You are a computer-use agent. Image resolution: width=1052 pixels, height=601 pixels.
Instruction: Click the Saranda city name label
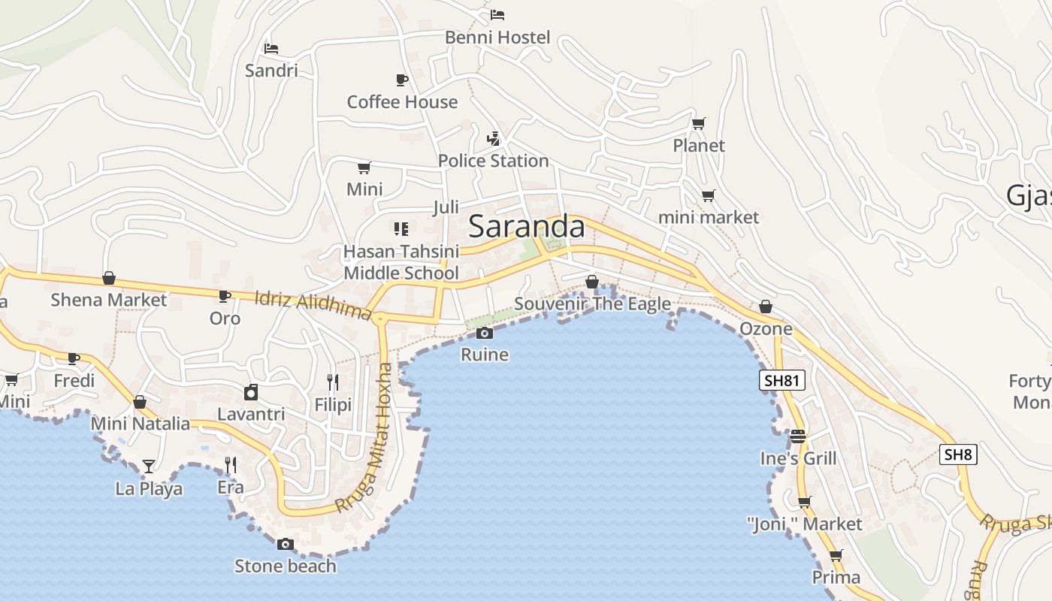coord(526,227)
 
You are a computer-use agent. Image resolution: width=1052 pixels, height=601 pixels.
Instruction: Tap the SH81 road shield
coord(781,380)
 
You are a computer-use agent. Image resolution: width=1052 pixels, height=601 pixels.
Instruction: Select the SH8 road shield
coord(957,454)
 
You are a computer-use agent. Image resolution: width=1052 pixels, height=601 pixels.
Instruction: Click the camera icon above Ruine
coord(485,333)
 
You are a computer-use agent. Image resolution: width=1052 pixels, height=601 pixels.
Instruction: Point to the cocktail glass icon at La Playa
coord(149,467)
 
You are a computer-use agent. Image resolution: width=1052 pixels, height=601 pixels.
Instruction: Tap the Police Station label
coord(493,161)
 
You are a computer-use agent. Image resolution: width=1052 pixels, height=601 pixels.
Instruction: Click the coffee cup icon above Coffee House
coord(401,80)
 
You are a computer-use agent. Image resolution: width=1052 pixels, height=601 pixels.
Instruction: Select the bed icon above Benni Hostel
coord(497,14)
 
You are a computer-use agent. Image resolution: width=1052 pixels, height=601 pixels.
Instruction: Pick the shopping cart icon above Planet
coord(699,123)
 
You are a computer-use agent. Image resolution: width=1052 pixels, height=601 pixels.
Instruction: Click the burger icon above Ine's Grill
coord(797,436)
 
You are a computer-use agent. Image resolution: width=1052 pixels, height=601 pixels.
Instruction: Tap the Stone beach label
coord(285,566)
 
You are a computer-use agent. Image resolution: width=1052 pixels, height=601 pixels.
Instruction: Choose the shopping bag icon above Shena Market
coord(109,279)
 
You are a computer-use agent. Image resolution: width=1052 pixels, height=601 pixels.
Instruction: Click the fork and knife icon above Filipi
coord(333,382)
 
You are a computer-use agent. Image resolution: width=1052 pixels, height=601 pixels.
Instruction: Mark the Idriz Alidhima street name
coord(313,305)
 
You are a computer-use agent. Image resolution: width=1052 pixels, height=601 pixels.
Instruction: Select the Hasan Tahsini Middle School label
coord(401,262)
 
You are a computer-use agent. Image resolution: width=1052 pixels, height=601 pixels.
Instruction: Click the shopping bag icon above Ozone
coord(765,307)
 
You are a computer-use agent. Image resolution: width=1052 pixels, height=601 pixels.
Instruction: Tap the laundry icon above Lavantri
coord(251,392)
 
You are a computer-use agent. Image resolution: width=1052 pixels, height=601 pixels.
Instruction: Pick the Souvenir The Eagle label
coord(592,304)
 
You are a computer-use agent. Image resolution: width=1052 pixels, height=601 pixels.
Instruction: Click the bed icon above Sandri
coord(271,49)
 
